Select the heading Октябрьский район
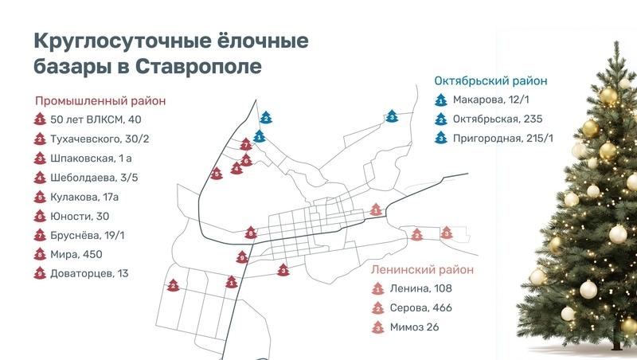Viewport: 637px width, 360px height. [490, 81]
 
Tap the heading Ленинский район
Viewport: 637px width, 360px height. [422, 269]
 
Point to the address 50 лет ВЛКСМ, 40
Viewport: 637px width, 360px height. [96, 120]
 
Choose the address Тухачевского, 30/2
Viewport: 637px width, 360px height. [100, 139]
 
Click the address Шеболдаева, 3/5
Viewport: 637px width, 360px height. [94, 178]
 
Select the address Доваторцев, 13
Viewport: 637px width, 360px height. [89, 273]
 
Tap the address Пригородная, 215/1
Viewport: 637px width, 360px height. [502, 139]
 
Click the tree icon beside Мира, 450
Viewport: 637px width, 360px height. [40, 254]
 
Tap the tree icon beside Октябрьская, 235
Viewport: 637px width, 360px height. [440, 119]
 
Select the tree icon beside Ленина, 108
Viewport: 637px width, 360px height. [378, 288]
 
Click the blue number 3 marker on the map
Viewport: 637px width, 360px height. [392, 116]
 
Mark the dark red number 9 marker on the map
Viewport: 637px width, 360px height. [242, 257]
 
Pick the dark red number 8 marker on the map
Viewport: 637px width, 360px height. [252, 233]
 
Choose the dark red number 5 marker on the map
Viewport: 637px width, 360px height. [216, 172]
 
